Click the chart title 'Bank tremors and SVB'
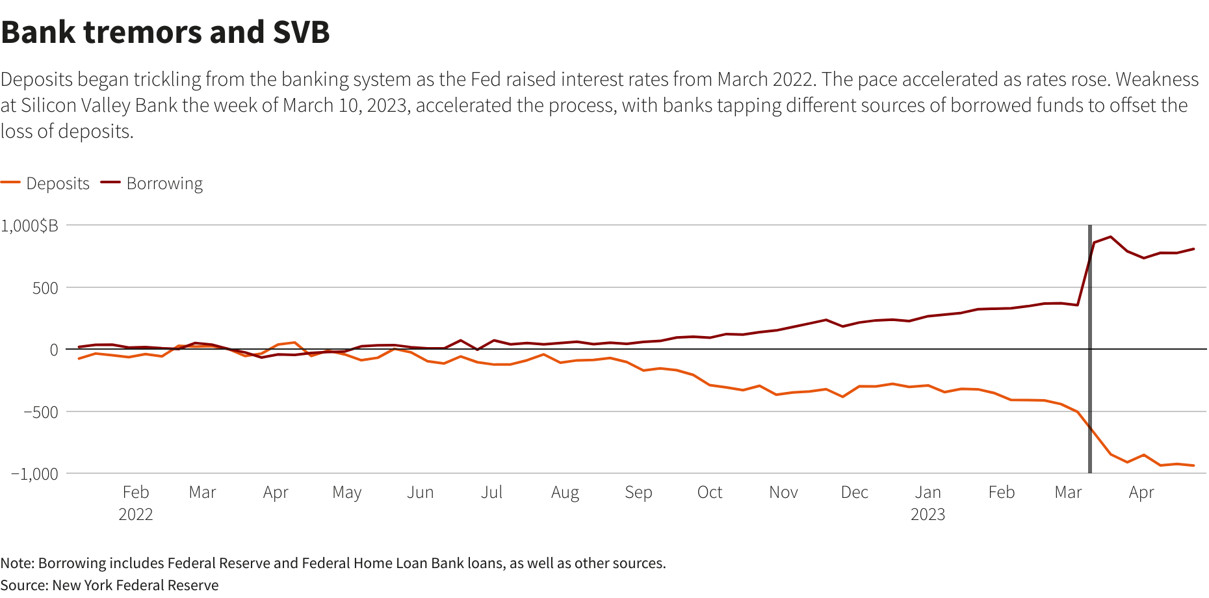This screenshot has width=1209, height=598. pos(166,32)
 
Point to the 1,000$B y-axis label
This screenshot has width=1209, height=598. pos(30,226)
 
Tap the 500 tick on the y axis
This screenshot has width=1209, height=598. pos(45,288)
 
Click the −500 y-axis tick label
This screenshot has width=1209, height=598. pos(41,412)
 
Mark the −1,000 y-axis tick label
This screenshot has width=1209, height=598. pos(35,474)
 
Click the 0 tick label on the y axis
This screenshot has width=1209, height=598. pos(54,350)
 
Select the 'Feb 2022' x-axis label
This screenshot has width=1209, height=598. pos(136,503)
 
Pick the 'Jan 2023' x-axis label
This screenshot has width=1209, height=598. pos(928,503)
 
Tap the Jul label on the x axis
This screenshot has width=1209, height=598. pos(491,493)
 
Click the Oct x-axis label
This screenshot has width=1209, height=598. pos(710,493)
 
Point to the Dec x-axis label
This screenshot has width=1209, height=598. pos(854,493)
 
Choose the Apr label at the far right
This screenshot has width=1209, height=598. pos(1141,493)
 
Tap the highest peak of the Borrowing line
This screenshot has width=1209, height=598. pos(1110,237)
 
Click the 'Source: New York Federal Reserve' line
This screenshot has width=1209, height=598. pos(109,585)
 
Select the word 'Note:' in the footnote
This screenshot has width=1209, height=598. pos(18,563)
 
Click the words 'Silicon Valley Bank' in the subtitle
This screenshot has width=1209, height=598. pos(99,105)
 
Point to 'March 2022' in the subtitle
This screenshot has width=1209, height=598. pos(765,79)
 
